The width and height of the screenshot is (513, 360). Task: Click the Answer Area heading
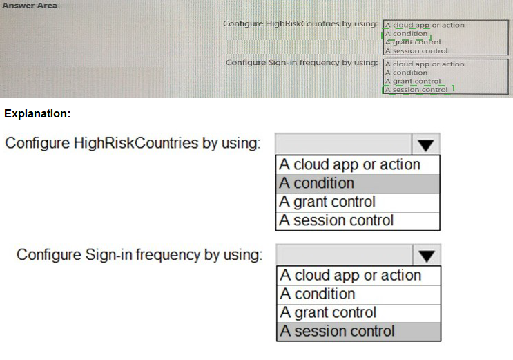tap(30, 6)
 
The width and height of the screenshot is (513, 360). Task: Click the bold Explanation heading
tap(37, 114)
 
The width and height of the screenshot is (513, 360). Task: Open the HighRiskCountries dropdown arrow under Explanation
tap(425, 144)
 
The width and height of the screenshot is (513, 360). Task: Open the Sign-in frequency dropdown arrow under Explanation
tap(426, 255)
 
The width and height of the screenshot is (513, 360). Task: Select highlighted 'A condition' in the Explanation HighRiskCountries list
tap(317, 183)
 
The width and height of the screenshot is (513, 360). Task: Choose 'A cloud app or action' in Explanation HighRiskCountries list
tap(349, 164)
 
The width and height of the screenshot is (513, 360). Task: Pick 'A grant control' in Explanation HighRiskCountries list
tap(327, 202)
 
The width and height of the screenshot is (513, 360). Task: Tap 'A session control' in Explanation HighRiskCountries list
tap(336, 220)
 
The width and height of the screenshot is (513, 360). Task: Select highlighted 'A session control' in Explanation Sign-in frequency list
tap(338, 331)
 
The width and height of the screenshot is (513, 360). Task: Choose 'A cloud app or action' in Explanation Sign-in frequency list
tap(351, 276)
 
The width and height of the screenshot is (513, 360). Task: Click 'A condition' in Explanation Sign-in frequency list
tap(318, 294)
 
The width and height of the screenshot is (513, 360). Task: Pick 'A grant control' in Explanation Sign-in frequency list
tap(328, 312)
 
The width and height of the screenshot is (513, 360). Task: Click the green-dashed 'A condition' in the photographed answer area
tap(407, 34)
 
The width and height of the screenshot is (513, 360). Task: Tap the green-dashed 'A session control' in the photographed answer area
tap(416, 89)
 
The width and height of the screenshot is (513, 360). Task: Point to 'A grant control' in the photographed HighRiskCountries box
tap(413, 42)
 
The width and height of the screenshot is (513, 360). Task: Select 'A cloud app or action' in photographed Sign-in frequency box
tap(425, 64)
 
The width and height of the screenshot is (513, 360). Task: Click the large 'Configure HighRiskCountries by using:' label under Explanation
tap(133, 144)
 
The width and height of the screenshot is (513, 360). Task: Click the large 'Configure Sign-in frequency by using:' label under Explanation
tap(139, 255)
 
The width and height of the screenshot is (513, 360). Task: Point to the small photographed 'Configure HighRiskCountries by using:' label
tap(300, 24)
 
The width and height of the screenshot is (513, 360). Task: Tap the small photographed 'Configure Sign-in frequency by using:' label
tap(302, 63)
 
